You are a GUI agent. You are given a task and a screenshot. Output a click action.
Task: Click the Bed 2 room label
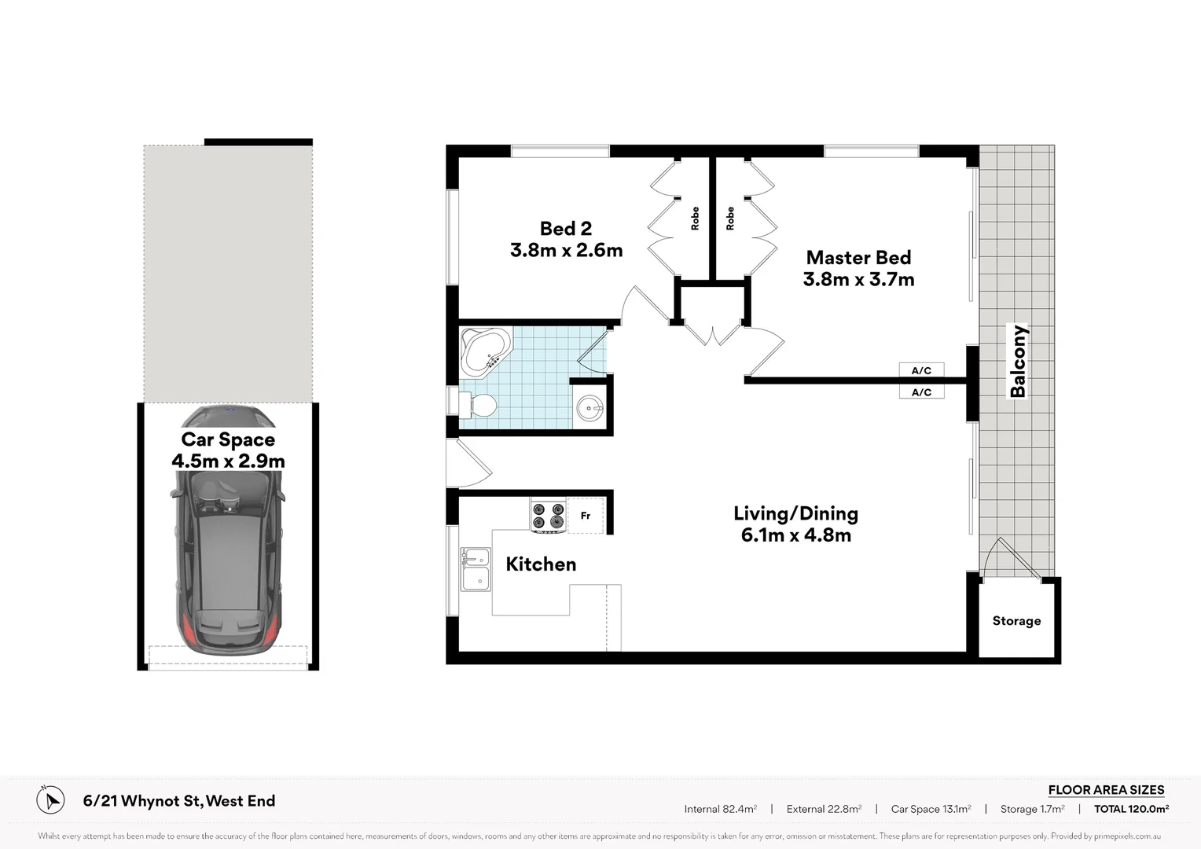565,229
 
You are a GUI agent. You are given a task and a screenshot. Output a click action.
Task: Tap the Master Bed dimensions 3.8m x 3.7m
858,280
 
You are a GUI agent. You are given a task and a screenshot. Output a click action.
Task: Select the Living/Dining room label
795,513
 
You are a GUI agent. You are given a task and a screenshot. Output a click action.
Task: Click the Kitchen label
541,564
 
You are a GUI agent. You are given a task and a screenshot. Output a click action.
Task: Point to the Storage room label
1016,621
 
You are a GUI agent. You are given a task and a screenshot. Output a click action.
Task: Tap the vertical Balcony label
1019,362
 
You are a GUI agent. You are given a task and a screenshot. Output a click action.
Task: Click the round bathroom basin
589,408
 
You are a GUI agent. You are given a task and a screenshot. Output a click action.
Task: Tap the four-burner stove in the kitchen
548,516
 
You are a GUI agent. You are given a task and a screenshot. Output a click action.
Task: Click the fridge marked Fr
586,516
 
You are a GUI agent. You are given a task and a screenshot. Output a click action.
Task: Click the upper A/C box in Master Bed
921,370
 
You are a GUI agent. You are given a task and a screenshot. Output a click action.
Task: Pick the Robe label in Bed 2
695,219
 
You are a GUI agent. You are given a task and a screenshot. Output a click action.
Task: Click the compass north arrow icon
50,800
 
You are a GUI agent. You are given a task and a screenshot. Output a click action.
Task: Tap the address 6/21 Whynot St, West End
179,801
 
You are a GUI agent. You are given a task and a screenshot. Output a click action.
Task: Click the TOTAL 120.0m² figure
1131,809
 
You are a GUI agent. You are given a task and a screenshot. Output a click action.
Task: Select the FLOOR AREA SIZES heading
1106,790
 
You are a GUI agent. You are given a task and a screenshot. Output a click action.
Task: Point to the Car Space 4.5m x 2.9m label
228,450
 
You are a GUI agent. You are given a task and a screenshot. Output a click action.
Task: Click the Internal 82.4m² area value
720,809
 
